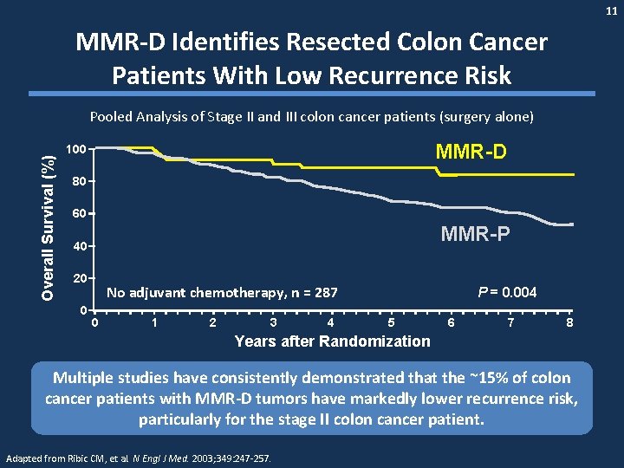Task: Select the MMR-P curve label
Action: (475, 234)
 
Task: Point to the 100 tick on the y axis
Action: (76, 149)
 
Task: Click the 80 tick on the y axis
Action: (79, 181)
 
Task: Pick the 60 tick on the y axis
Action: (79, 214)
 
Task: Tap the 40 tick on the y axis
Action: (79, 246)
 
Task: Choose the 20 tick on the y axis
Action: (79, 278)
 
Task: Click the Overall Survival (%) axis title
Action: (50, 224)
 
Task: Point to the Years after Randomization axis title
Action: (332, 341)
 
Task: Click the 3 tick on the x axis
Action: (273, 323)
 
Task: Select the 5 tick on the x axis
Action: (391, 323)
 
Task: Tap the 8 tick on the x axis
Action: (569, 323)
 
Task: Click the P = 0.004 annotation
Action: (507, 293)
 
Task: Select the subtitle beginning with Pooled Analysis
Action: (312, 116)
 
